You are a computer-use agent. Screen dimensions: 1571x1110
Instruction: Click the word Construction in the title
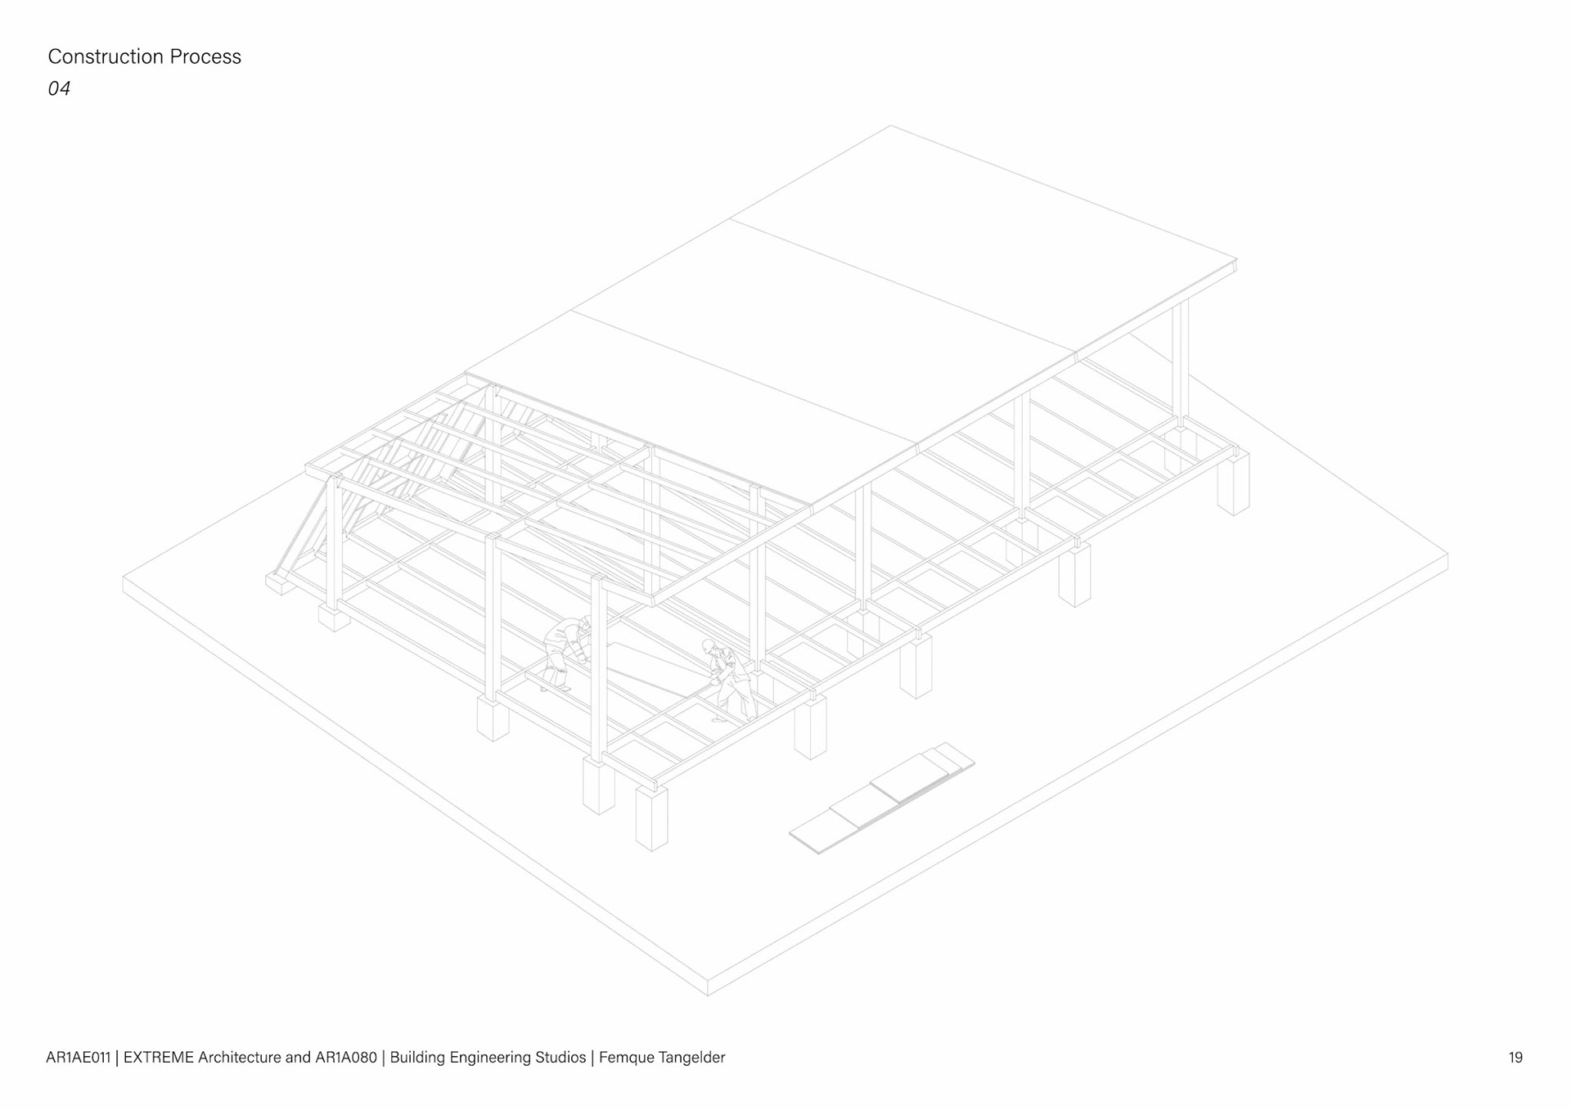coord(106,56)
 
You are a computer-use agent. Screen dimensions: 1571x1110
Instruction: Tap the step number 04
coord(59,88)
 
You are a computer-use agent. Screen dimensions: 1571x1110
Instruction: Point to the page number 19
coord(1515,1058)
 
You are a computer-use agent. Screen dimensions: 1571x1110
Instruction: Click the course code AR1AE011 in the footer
coord(78,1058)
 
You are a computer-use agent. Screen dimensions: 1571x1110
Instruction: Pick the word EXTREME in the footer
coord(159,1058)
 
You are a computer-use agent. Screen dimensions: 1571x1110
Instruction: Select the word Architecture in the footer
coord(239,1058)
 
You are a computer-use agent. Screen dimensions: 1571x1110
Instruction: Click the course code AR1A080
coord(346,1058)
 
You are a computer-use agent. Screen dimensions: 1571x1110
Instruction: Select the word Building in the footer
coord(417,1058)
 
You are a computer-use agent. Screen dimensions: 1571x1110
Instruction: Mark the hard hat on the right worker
coord(709,645)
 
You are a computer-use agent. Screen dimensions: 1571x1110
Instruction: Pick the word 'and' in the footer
coord(298,1058)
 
